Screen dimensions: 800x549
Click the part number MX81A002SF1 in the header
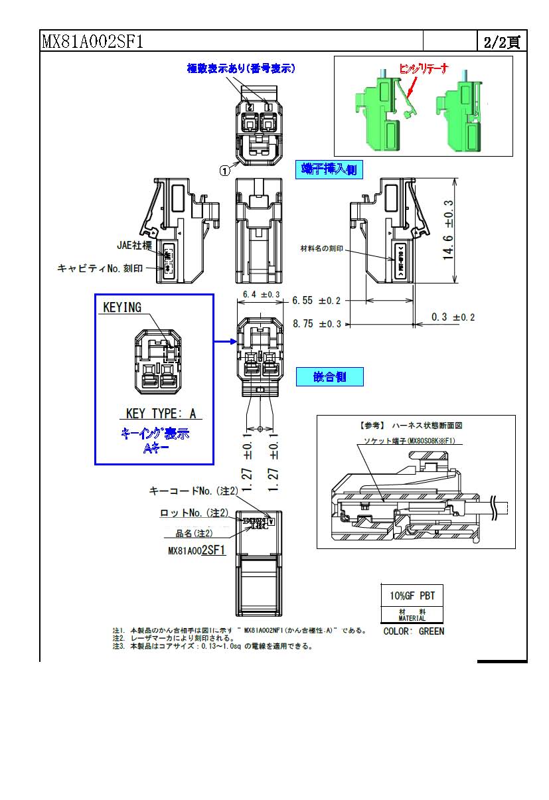tap(92, 42)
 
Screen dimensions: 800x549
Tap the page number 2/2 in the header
tap(502, 42)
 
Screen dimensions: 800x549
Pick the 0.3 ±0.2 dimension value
tap(453, 317)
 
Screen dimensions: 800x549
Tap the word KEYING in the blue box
tap(122, 307)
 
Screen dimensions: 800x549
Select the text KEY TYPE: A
tap(161, 414)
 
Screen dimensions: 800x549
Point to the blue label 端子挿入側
tap(329, 170)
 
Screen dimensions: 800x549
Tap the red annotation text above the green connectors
tap(423, 69)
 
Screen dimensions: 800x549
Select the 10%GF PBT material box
tap(412, 596)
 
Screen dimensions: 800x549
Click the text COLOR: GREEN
tap(414, 631)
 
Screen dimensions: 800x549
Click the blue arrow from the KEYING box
tap(226, 343)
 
